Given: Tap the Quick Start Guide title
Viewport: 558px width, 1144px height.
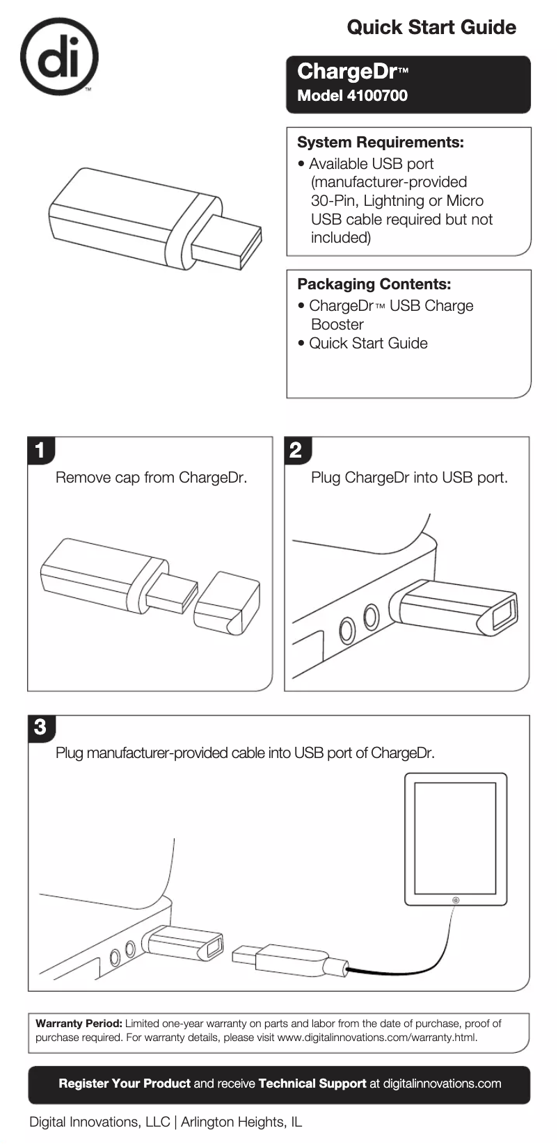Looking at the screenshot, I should [x=431, y=28].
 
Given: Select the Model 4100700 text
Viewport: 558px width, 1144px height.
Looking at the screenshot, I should [x=352, y=96].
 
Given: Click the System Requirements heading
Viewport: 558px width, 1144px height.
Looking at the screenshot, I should [x=380, y=143].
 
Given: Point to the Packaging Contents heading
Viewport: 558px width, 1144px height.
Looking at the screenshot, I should [x=374, y=284].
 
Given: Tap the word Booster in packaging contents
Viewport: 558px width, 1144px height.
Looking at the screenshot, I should [x=337, y=325].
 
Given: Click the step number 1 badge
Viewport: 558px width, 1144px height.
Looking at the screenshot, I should [x=40, y=451].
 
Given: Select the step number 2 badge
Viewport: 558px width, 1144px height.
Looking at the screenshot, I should [x=296, y=451].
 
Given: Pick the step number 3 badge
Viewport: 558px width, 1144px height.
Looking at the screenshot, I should [x=40, y=727].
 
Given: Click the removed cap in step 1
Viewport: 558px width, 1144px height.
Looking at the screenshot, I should [x=227, y=603].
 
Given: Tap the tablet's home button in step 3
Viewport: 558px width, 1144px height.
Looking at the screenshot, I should [x=455, y=900].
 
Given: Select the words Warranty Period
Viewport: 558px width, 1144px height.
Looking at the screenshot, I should [x=79, y=1024].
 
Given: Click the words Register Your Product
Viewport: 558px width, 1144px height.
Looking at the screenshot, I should [x=125, y=1083].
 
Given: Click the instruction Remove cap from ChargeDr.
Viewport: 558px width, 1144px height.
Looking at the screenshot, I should [x=151, y=478].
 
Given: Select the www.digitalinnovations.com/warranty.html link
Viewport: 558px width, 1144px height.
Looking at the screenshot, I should [x=376, y=1038].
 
